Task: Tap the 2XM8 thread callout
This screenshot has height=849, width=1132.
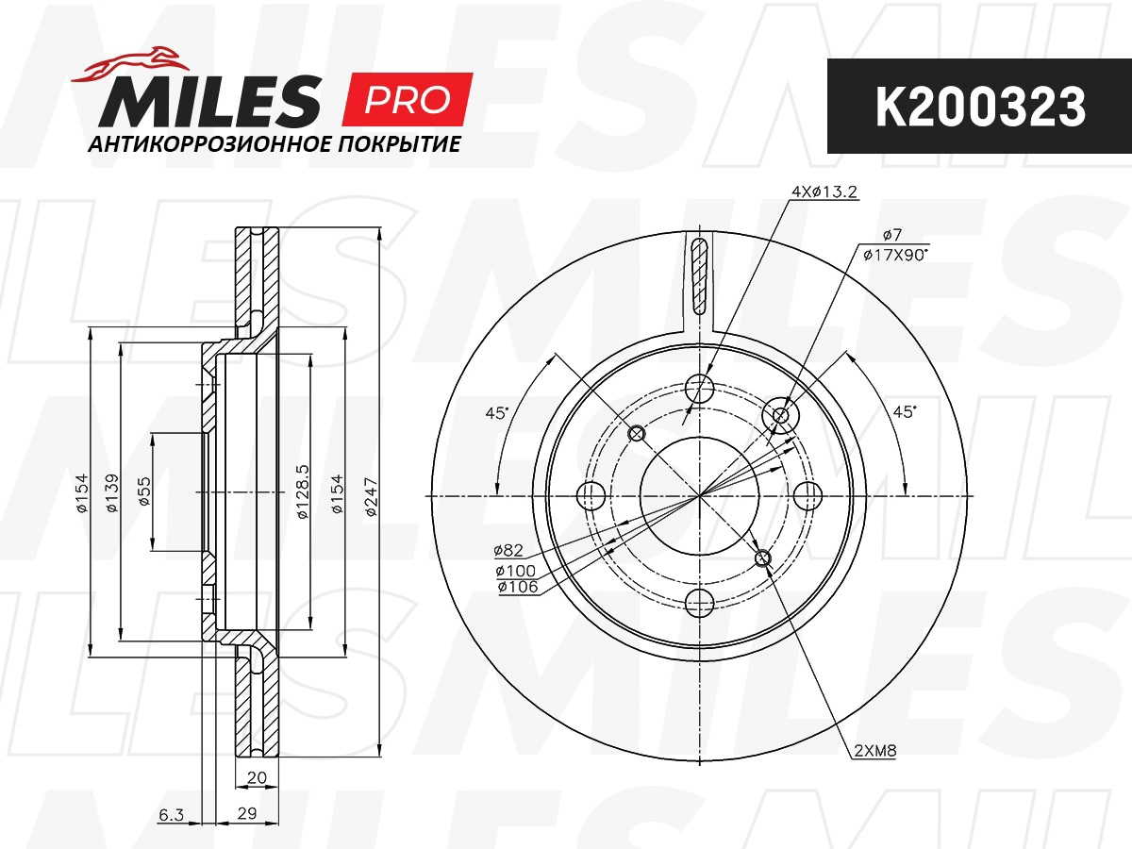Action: click(x=873, y=752)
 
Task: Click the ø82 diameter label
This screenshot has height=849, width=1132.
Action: click(x=508, y=550)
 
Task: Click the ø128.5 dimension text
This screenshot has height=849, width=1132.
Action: click(x=303, y=493)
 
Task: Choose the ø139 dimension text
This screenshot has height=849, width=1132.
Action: click(x=112, y=493)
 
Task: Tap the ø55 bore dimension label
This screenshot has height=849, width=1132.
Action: click(x=143, y=493)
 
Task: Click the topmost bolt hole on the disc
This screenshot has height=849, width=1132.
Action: click(x=699, y=386)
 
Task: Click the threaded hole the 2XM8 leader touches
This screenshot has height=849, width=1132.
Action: click(x=763, y=560)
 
